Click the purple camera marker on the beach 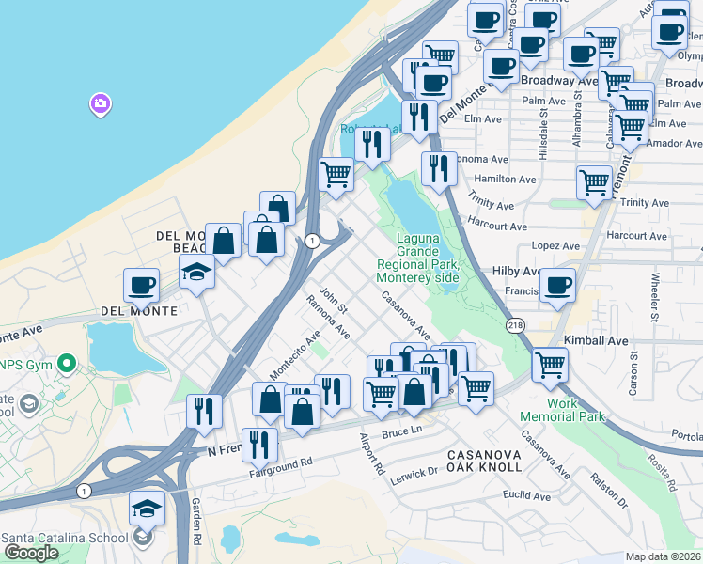tap(101, 103)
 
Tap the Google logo tap(31, 553)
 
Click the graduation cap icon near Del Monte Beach tap(197, 273)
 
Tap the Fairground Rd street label tap(280, 464)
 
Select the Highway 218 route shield tap(516, 323)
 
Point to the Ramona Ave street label tap(329, 318)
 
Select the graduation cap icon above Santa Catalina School tap(147, 508)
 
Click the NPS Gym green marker tap(66, 363)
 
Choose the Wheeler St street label tap(654, 296)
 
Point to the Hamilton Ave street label tap(506, 179)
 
